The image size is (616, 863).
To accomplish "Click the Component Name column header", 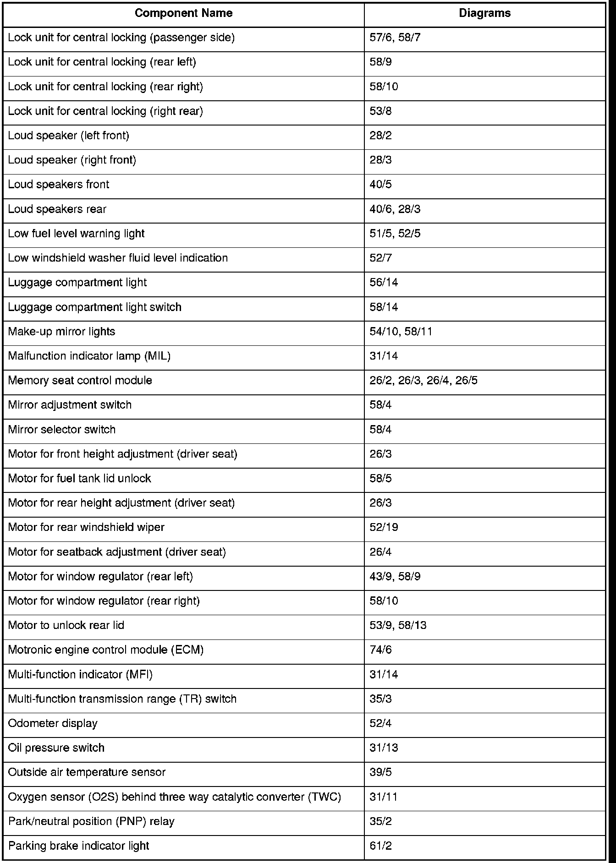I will pyautogui.click(x=183, y=13).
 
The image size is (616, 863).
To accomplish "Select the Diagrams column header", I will pyautogui.click(x=484, y=13).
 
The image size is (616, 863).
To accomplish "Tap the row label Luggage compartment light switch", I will pyautogui.click(x=95, y=307).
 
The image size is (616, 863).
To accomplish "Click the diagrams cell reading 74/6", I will pyautogui.click(x=381, y=650).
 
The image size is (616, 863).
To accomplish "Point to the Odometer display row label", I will pyautogui.click(x=53, y=723).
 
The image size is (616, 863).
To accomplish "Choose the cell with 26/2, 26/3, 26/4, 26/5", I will pyautogui.click(x=423, y=380).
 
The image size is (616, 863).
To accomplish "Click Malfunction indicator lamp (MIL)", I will pyautogui.click(x=89, y=356).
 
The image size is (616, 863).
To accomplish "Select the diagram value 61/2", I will pyautogui.click(x=381, y=846).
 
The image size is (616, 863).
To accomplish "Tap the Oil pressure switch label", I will pyautogui.click(x=56, y=748).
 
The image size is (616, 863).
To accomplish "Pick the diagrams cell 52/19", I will pyautogui.click(x=384, y=527).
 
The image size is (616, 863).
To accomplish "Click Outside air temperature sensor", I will pyautogui.click(x=87, y=772).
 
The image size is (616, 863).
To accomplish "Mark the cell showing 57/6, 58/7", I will pyautogui.click(x=395, y=38).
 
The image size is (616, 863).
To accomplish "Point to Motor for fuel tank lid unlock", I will pyautogui.click(x=80, y=478).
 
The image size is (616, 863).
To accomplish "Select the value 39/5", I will pyautogui.click(x=381, y=772).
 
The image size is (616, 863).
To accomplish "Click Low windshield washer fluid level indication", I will pyautogui.click(x=118, y=258).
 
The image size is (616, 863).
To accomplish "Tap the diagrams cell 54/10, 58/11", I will pyautogui.click(x=401, y=331).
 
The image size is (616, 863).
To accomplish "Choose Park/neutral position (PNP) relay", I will pyautogui.click(x=91, y=821).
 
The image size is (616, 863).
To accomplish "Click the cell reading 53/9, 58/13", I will pyautogui.click(x=398, y=625).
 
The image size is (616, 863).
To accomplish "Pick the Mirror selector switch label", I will pyautogui.click(x=62, y=429).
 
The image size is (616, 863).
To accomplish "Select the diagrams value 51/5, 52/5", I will pyautogui.click(x=395, y=234).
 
